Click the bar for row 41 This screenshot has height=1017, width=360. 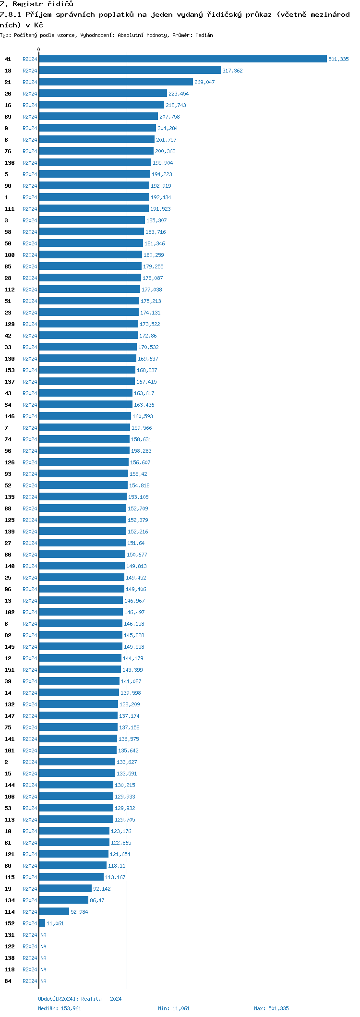[x=182, y=59]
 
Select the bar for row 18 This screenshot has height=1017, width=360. [x=130, y=71]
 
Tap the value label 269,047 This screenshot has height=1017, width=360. [x=204, y=82]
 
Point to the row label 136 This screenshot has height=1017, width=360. [x=10, y=163]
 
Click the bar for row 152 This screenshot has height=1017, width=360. [x=42, y=923]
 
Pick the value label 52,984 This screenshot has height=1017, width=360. [x=79, y=912]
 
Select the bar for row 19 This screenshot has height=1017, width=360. [x=65, y=889]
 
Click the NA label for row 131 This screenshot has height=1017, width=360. [x=43, y=935]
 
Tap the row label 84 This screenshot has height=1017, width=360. [x=8, y=981]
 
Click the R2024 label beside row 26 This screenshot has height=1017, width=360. [x=30, y=94]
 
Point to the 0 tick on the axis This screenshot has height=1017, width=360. [x=39, y=49]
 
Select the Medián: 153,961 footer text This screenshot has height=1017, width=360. [x=60, y=1008]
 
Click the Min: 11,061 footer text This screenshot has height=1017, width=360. [x=174, y=1008]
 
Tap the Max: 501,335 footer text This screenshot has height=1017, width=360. [x=271, y=1008]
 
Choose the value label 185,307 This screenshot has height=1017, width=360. [x=156, y=220]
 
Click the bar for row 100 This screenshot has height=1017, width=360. [x=90, y=255]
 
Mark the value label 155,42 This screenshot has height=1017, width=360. [x=138, y=474]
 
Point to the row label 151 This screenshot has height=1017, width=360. [x=10, y=670]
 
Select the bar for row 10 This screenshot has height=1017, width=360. [x=74, y=831]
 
